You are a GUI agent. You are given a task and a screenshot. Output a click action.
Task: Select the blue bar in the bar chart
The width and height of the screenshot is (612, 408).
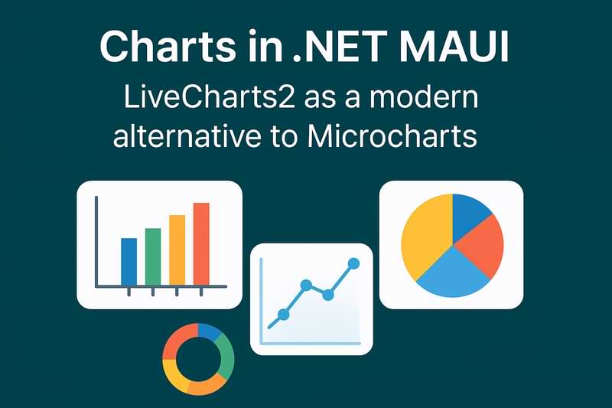pos(129,261)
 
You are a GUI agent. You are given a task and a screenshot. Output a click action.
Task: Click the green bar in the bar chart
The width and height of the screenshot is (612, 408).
pos(153,256)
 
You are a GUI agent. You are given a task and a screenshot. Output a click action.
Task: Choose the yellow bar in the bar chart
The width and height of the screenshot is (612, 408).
pos(177,250)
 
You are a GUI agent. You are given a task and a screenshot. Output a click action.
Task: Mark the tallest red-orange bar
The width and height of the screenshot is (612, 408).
pos(201,243)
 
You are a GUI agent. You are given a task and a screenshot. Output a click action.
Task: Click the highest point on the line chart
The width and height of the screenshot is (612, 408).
pos(353,263)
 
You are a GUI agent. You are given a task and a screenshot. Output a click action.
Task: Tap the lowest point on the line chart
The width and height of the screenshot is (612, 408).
pos(283,314)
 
